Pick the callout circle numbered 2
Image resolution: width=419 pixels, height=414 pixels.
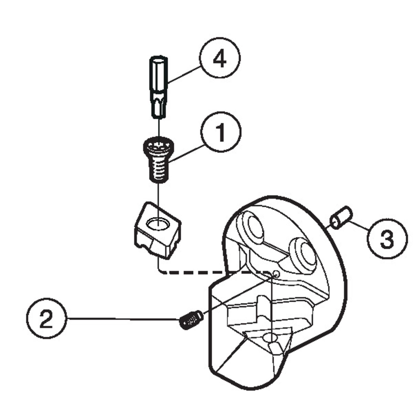[x=46, y=318]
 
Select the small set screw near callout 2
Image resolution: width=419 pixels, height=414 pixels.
[x=190, y=320]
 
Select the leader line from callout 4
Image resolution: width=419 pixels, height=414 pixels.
[x=184, y=74]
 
